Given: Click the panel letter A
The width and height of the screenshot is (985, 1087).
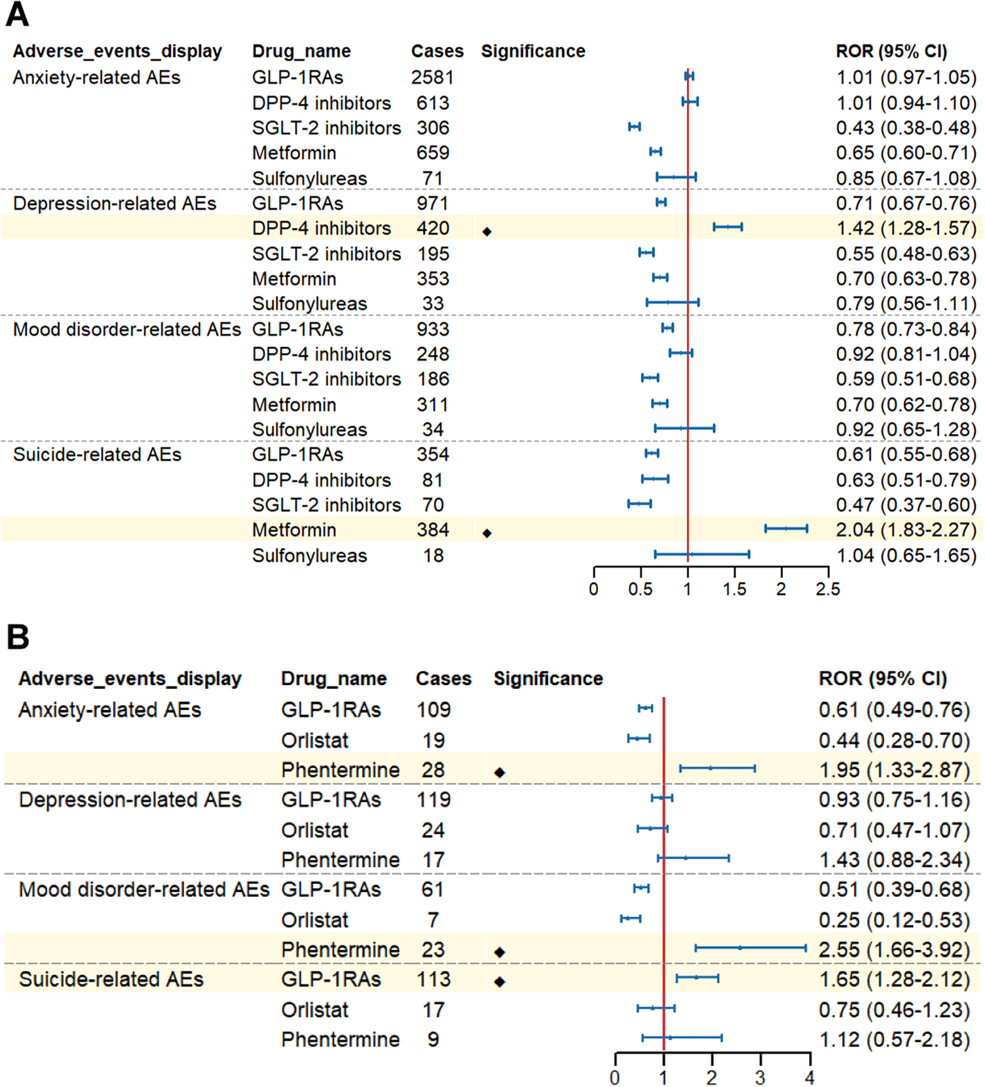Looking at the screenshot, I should point(17,14).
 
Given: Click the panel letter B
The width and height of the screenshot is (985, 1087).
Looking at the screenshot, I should point(18,636).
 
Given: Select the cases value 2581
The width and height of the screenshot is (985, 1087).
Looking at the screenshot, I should point(432,77).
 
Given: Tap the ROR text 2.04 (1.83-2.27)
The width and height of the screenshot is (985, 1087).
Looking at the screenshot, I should point(906,530).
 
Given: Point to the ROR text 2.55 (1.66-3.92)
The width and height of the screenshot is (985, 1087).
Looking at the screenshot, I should point(894,949).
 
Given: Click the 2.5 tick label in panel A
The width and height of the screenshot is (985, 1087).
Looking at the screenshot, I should point(828,589).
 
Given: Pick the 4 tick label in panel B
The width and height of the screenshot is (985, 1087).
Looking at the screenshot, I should point(810,1077).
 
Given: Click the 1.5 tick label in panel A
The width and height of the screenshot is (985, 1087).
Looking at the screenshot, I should point(734,589).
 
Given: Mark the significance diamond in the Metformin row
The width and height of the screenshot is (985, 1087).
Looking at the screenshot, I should point(487,533).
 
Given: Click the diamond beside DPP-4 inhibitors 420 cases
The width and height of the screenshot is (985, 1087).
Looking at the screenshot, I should point(487,231).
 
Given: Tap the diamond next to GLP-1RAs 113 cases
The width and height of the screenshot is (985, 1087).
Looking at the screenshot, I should point(500,982).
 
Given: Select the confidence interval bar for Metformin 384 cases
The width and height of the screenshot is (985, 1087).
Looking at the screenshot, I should point(786,528).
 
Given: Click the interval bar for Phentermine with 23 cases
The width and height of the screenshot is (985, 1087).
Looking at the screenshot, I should point(751,948).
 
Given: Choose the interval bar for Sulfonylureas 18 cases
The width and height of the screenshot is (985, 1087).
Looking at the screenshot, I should point(702,555).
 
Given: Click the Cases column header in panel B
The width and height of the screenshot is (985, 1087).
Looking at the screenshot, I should point(443,678).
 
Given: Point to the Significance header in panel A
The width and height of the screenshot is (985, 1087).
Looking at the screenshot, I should point(533,51).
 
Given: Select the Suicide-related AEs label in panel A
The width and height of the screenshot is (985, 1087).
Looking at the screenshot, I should point(97,454).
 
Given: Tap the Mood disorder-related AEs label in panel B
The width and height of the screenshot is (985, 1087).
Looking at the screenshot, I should point(144,889).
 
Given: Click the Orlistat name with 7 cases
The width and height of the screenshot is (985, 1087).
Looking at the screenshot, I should point(315,920).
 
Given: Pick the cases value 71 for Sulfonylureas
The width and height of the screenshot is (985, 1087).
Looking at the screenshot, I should point(432,178).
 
